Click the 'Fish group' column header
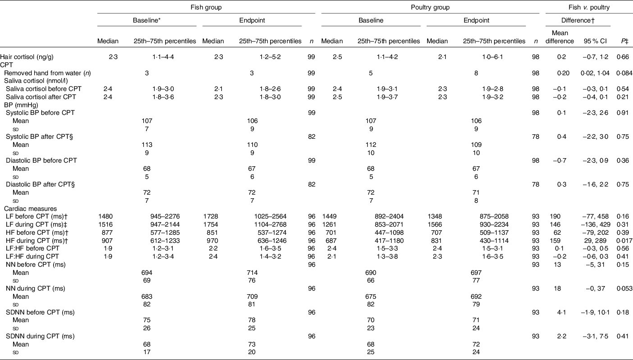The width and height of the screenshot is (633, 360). click(x=206, y=7)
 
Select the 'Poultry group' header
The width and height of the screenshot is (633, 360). click(x=430, y=7)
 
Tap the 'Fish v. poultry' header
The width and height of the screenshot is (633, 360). click(x=589, y=7)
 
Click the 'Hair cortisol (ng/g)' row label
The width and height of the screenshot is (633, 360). click(x=27, y=57)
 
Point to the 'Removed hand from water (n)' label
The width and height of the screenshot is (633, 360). click(x=47, y=73)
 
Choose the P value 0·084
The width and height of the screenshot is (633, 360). click(x=624, y=73)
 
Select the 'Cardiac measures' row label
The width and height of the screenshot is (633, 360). click(x=31, y=209)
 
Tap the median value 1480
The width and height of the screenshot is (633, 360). click(x=105, y=216)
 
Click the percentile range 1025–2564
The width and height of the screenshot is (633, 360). click(x=270, y=216)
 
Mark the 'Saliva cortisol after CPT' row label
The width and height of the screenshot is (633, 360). click(x=41, y=97)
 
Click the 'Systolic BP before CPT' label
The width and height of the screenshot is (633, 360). click(x=41, y=113)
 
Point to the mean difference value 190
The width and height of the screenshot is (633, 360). click(x=555, y=216)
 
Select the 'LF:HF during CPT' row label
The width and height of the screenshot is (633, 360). click(x=32, y=256)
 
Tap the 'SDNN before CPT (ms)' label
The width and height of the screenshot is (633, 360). click(x=41, y=312)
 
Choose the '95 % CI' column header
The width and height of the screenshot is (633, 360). click(x=596, y=41)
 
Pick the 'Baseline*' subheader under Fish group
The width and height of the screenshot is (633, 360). click(x=147, y=20)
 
